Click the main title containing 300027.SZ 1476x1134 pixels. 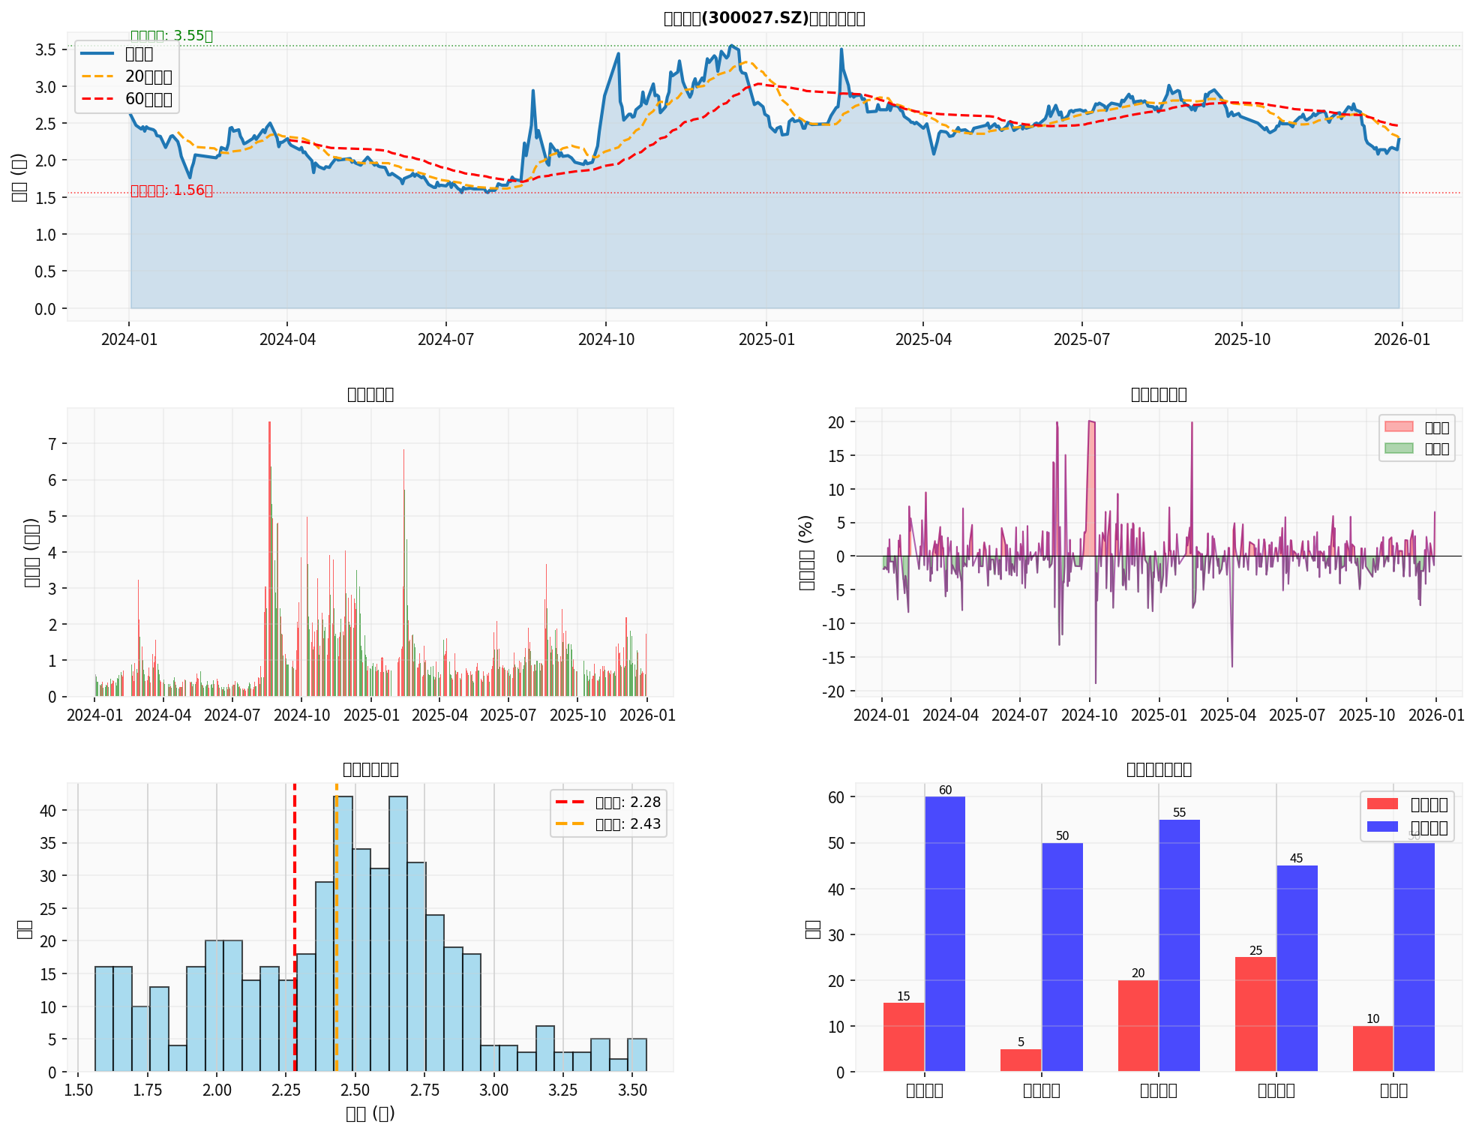[x=764, y=18]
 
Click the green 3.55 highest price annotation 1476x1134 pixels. [x=172, y=36]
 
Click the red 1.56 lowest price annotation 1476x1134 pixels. [x=172, y=190]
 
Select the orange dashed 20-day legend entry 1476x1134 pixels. [x=127, y=76]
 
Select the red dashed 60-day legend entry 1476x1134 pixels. [x=127, y=99]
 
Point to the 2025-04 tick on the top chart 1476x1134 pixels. [x=923, y=339]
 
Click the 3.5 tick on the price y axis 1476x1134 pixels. [x=46, y=50]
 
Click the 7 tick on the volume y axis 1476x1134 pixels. [x=52, y=444]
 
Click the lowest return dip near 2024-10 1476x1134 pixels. [x=1095, y=682]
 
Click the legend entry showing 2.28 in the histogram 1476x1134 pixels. [x=608, y=802]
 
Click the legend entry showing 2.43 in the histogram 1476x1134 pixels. [x=608, y=824]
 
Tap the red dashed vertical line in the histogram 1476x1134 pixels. [x=295, y=937]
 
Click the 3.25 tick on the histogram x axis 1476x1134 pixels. [x=562, y=1090]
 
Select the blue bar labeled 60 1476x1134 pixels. [x=945, y=934]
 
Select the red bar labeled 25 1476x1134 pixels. [x=1255, y=1014]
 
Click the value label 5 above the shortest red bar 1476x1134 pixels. [x=1021, y=1042]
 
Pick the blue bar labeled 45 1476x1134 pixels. [x=1297, y=967]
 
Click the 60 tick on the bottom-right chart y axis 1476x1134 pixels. [x=836, y=797]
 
